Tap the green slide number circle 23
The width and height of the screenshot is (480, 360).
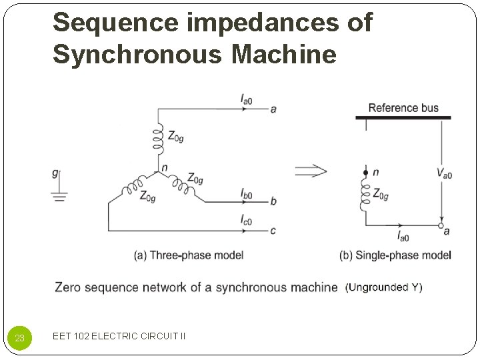point(20,338)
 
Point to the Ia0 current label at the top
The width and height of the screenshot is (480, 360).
point(246,99)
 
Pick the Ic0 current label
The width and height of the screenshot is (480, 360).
point(246,221)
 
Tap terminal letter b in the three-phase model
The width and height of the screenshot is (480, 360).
point(273,201)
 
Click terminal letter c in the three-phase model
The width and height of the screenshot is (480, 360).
point(273,231)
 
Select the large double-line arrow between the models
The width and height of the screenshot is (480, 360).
point(311,171)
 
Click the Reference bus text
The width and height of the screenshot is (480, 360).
point(403,108)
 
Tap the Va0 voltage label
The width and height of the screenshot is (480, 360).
point(445,173)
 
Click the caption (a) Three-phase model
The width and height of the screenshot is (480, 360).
point(189,255)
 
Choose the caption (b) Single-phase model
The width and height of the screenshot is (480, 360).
point(395,255)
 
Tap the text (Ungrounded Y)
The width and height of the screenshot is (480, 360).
point(383,287)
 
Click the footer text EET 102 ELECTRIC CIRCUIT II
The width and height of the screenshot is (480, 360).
point(119,336)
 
